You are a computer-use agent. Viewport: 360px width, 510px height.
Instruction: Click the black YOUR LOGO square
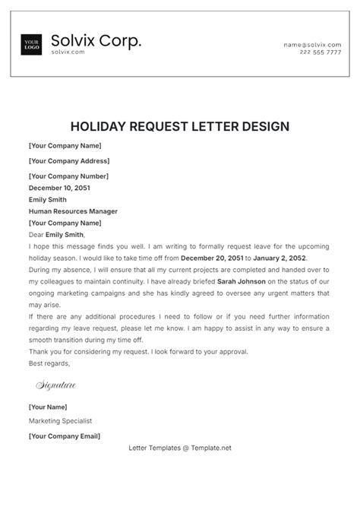pos(32,44)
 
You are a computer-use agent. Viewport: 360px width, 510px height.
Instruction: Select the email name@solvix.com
pos(312,46)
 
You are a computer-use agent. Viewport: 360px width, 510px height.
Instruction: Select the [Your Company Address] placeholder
pos(69,161)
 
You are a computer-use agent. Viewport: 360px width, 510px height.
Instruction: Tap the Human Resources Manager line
pos(73,211)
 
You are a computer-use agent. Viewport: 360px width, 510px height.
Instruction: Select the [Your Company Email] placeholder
pos(64,436)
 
